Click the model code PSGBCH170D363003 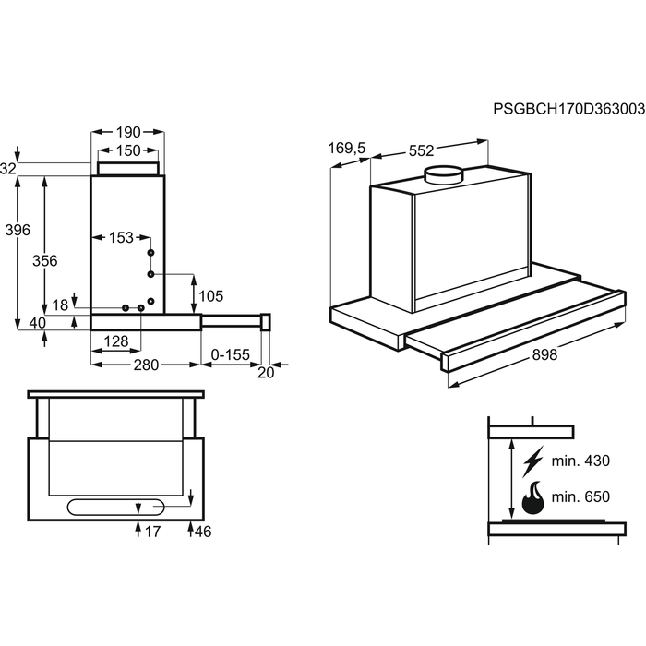pos(569,109)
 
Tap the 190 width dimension pos(128,132)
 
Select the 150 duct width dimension pos(128,150)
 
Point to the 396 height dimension pos(18,230)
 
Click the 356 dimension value pos(45,261)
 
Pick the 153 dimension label pos(121,237)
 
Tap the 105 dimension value pos(211,296)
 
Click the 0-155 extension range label pos(231,354)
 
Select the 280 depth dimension pos(146,365)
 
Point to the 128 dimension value pos(116,341)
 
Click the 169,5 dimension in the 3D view pos(347,148)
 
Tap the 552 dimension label pos(422,150)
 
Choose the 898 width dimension pos(544,354)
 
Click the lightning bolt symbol pos(532,461)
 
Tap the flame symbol pos(532,497)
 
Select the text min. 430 pos(580,461)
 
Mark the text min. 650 pos(580,496)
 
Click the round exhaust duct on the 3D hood pos(444,174)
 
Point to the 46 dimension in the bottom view pos(203,532)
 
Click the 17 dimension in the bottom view pos(152,532)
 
